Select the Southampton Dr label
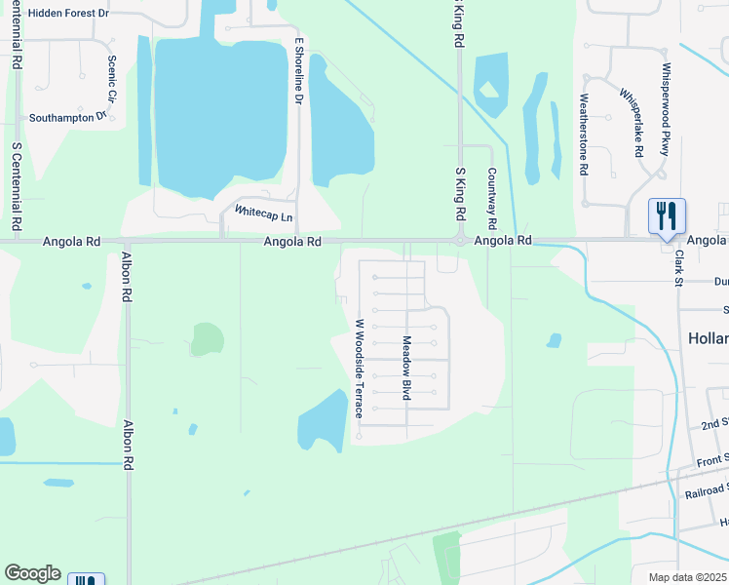tap(66, 117)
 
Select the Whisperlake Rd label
tap(632, 123)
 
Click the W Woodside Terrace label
tap(359, 369)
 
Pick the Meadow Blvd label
tap(406, 369)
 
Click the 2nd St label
tap(714, 425)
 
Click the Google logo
tap(32, 573)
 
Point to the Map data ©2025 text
tap(688, 576)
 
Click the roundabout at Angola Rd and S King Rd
tap(459, 240)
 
